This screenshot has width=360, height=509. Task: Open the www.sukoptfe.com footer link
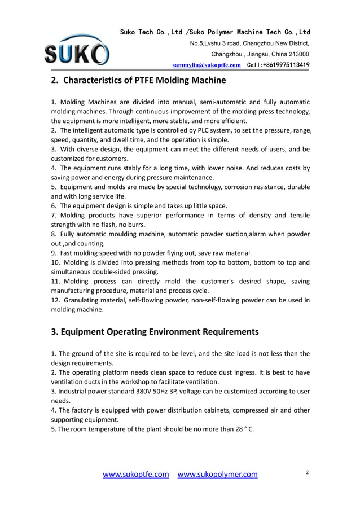(135, 475)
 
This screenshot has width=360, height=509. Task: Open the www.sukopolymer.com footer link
(217, 475)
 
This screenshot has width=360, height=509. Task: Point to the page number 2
(308, 472)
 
